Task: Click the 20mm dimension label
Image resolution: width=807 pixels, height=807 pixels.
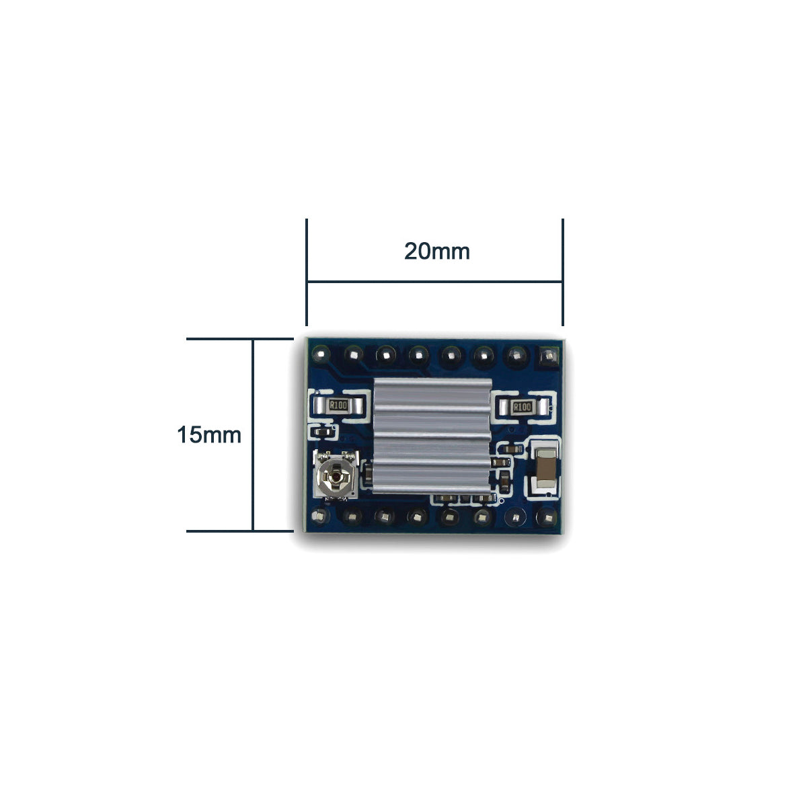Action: tap(436, 252)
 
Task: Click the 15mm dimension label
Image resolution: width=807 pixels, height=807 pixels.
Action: tap(208, 434)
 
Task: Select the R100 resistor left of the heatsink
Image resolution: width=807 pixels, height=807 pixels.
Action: tap(338, 406)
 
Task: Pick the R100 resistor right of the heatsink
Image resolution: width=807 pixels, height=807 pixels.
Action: tap(521, 407)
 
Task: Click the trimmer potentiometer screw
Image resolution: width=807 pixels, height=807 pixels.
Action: tap(334, 478)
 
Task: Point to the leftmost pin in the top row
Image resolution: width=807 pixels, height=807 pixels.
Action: tap(319, 352)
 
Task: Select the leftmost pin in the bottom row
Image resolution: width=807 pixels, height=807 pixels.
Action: tap(319, 516)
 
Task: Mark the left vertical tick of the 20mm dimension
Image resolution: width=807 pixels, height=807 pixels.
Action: tap(307, 272)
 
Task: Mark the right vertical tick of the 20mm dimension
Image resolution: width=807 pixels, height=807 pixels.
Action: tap(562, 272)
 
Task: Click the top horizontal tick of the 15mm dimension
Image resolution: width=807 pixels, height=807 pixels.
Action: tap(239, 339)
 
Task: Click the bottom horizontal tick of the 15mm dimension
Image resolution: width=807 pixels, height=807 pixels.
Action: tap(239, 531)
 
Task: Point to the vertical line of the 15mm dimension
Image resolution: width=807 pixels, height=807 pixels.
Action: tap(253, 434)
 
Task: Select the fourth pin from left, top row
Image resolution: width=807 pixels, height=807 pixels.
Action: tap(418, 352)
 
